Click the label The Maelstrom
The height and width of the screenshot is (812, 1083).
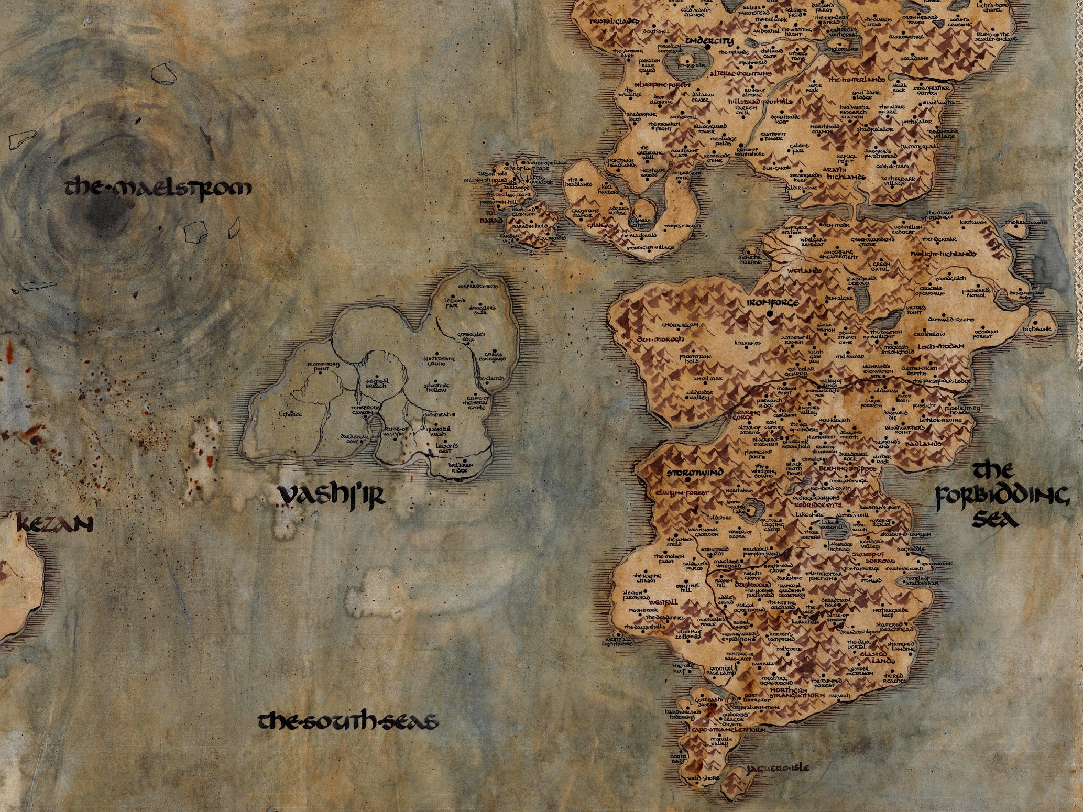coord(157,188)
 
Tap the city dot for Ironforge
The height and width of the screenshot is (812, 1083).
coord(770,313)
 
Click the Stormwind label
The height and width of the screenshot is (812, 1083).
coord(695,473)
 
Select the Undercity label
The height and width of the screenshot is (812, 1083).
coord(710,40)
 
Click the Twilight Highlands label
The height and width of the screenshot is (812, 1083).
coord(943,254)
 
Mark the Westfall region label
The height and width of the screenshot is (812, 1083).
coord(663,602)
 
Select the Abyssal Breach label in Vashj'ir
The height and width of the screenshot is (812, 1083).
coord(376,383)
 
